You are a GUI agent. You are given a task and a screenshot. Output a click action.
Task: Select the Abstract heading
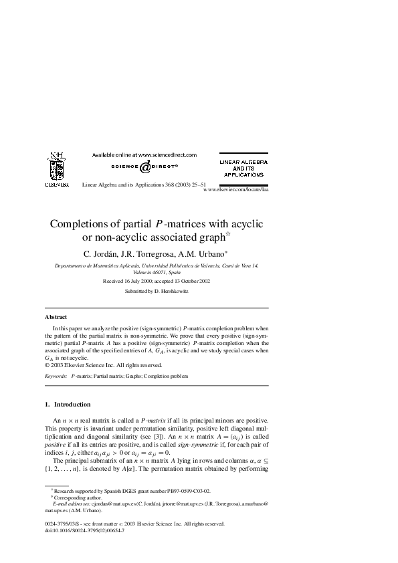pos(56,316)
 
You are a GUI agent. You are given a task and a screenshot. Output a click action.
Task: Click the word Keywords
pos(56,376)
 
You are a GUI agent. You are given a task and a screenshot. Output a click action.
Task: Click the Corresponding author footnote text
pos(75,516)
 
